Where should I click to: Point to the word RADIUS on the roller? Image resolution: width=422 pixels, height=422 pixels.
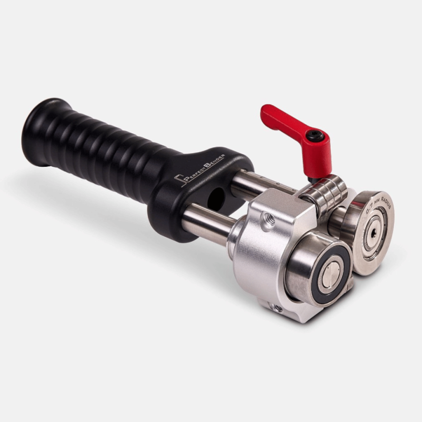(384, 201)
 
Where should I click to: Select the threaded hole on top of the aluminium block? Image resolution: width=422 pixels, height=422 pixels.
(268, 222)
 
